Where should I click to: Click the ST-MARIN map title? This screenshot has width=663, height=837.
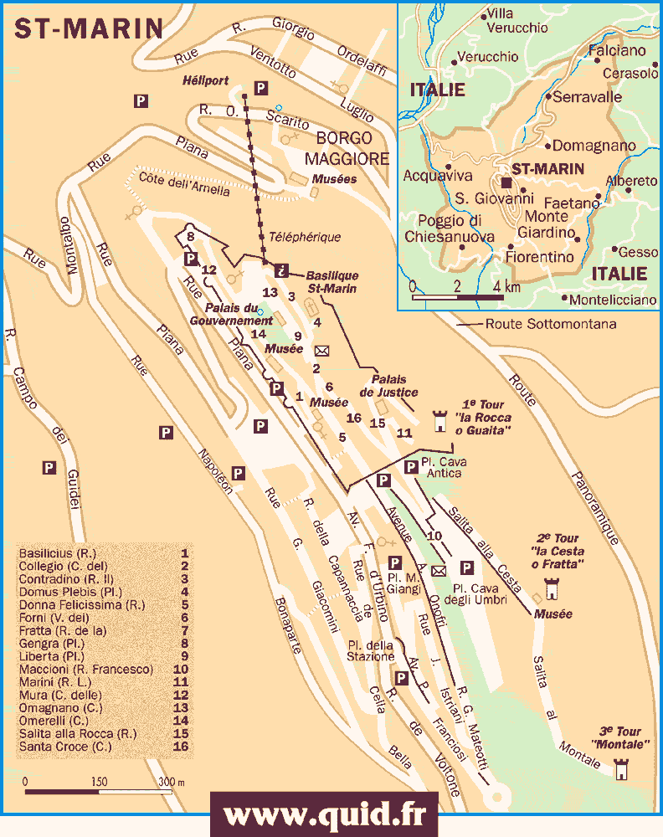[x=88, y=28]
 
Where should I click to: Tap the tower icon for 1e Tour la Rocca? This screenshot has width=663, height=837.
[x=439, y=421]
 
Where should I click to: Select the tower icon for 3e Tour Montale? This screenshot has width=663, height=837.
[x=620, y=768]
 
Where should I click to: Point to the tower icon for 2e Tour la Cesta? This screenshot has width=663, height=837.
[x=552, y=591]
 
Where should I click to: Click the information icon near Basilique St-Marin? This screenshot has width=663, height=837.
[x=281, y=270]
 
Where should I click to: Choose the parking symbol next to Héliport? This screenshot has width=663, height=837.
[x=261, y=88]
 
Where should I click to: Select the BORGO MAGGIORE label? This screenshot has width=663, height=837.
[x=347, y=148]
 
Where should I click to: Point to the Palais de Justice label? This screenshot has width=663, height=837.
[x=389, y=386]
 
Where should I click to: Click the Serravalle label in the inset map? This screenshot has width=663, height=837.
[x=587, y=97]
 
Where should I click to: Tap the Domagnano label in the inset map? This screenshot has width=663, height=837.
[x=594, y=146]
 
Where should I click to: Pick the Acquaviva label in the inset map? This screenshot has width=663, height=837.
[x=438, y=176]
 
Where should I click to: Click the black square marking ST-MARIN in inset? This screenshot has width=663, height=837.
[x=505, y=181]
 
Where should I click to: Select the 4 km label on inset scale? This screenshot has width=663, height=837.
[x=506, y=287]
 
